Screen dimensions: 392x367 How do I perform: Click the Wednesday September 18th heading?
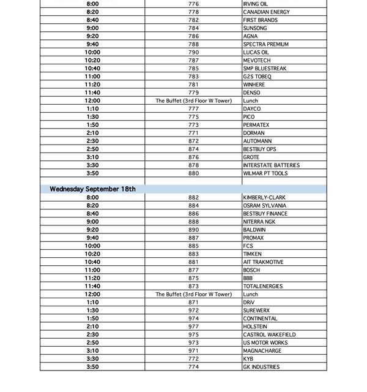(92, 189)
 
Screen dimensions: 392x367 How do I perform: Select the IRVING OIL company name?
(255, 4)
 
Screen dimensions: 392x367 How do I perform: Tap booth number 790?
(193, 52)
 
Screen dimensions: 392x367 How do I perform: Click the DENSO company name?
(251, 92)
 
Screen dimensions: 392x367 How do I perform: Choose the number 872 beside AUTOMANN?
(193, 141)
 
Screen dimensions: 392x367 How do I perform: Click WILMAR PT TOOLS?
(265, 173)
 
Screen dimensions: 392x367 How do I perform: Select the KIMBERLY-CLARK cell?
(264, 197)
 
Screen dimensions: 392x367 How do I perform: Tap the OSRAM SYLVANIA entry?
(264, 205)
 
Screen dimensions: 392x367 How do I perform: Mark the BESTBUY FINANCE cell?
(264, 213)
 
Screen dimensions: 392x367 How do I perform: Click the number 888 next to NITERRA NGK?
(193, 221)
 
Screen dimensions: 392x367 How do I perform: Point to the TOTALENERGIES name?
(264, 286)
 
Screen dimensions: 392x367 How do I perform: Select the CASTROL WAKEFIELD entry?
(269, 334)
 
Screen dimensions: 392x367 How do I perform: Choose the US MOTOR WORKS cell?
(265, 342)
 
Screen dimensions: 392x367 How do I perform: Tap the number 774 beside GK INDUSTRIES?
(193, 367)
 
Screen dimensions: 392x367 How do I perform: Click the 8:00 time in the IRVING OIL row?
(92, 4)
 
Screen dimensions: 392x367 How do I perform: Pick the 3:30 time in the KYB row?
(92, 358)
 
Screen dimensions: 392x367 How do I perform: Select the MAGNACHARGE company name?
(262, 350)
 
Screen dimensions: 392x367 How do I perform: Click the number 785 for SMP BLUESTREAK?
(193, 68)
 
